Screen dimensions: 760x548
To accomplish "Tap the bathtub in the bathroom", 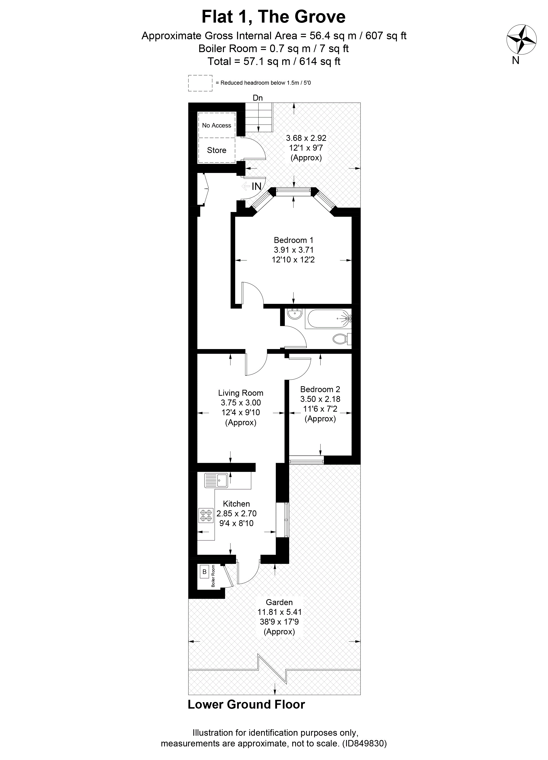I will point(328,319).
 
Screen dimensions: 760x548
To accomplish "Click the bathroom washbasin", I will point(295,314).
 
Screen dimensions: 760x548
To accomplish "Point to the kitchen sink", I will point(216,480).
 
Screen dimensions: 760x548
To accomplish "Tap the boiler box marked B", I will point(204,572).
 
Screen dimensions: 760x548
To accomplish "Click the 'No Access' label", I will point(217,125).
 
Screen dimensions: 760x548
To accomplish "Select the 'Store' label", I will point(217,150).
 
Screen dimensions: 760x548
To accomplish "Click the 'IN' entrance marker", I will point(257,186).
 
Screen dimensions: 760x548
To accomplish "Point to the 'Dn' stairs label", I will point(257,98).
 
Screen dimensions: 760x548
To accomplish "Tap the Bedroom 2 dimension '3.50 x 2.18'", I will point(320,399).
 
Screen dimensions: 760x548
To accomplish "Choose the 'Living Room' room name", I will point(241,393).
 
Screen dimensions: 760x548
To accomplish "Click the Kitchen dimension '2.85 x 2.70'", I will point(236,513).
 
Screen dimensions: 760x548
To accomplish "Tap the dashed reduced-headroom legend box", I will point(200,83).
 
